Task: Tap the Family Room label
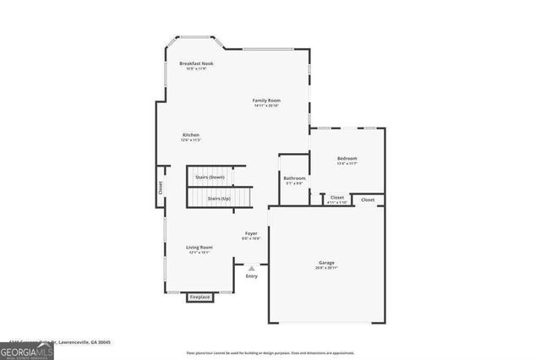tap(266, 101)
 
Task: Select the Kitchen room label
tap(191, 135)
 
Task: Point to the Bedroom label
tap(347, 158)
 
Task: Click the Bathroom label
tap(294, 178)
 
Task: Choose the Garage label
tap(326, 263)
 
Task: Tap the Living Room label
tap(199, 247)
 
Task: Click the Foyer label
tap(251, 233)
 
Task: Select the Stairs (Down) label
tap(210, 177)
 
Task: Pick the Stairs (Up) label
tap(219, 198)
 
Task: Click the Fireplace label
tap(200, 297)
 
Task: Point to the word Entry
tap(251, 276)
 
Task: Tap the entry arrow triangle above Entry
tap(251, 268)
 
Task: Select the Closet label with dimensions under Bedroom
tap(337, 198)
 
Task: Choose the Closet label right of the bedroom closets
tap(368, 199)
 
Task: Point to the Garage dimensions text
tap(326, 268)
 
